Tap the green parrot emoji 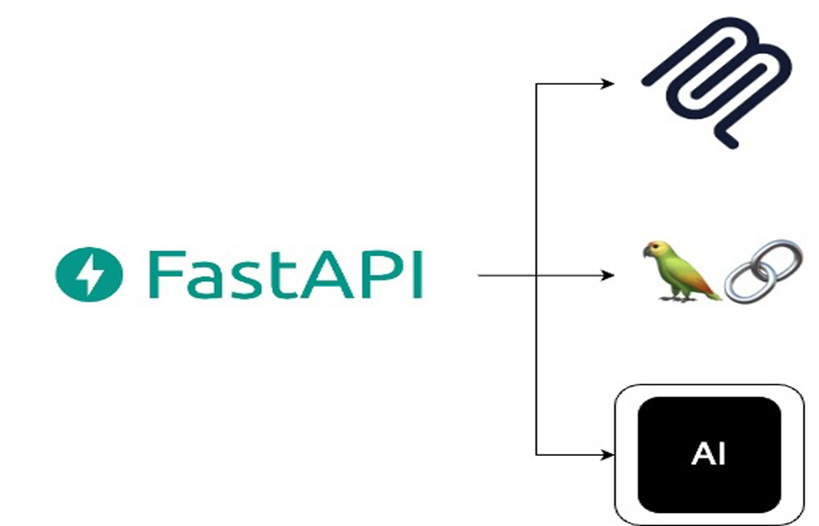click(x=677, y=272)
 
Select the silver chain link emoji click(x=762, y=270)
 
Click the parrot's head click(x=656, y=251)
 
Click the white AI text click(x=709, y=454)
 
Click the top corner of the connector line click(x=537, y=83)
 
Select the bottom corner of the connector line click(x=537, y=454)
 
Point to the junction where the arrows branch click(x=537, y=275)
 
